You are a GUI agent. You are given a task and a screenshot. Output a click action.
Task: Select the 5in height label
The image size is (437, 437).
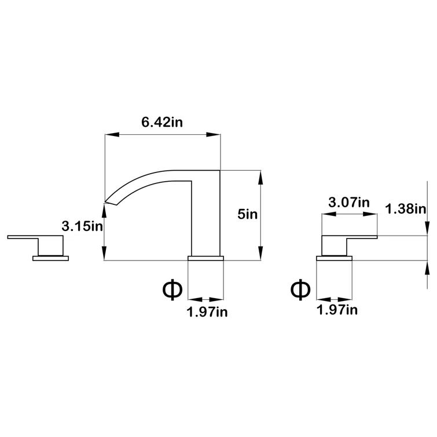pos(247,214)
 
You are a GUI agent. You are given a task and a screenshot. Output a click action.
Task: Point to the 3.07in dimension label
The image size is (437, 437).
pos(348,203)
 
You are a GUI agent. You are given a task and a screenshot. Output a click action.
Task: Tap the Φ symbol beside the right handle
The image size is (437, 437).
pos(300,288)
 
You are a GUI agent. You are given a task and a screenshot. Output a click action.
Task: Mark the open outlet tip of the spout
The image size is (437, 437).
pos(108,201)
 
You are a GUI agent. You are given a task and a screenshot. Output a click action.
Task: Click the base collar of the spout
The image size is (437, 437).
pos(207,258)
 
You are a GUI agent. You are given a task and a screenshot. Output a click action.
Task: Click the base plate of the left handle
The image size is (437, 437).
pos(50,258)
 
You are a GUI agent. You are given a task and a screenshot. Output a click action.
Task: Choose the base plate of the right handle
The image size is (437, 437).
pos(335,258)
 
